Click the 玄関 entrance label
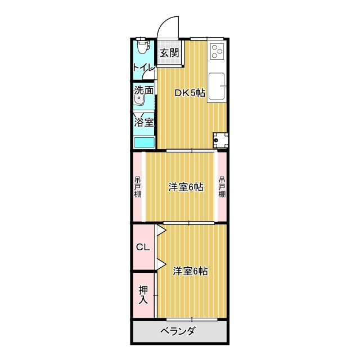169,53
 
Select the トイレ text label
144,68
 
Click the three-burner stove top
217,51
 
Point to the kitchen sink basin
217,86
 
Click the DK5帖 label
190,93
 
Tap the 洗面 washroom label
144,90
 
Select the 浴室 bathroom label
144,122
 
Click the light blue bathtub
144,142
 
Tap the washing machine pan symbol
220,140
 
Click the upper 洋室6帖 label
186,187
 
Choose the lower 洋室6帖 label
190,271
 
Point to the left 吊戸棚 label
138,187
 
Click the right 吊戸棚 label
222,187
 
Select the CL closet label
143,247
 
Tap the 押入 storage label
143,295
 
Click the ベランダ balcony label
178,331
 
